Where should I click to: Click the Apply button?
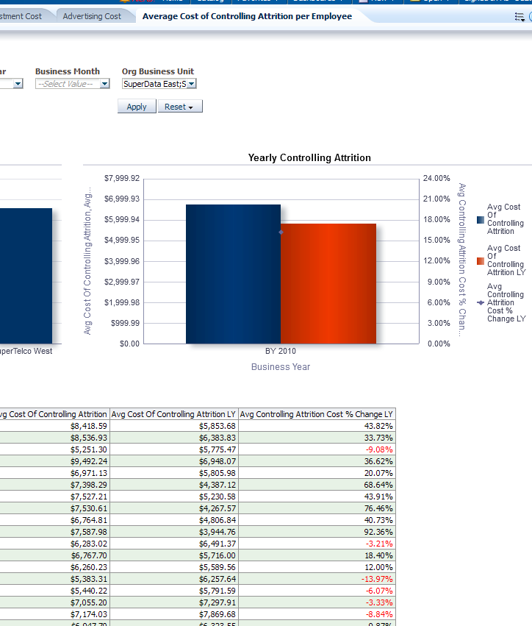137,107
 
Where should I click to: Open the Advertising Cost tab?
92,15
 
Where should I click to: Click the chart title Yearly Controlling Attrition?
309,157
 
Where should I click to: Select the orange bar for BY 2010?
328,283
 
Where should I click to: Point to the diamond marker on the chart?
281,232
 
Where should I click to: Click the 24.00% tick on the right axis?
436,179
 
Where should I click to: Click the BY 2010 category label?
281,351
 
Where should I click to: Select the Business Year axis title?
281,366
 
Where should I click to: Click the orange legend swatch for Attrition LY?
480,260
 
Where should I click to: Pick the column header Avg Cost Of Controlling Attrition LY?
173,414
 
